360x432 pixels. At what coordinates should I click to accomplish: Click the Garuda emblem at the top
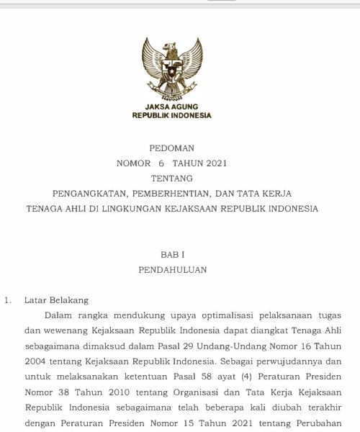171,68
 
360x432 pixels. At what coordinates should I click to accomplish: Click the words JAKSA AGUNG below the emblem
171,107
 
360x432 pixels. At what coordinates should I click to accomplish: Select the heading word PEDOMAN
171,148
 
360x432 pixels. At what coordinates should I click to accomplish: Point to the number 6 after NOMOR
162,163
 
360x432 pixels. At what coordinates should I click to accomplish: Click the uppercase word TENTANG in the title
171,179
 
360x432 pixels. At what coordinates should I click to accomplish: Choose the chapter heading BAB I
171,255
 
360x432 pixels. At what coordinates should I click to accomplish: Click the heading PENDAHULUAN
172,270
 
